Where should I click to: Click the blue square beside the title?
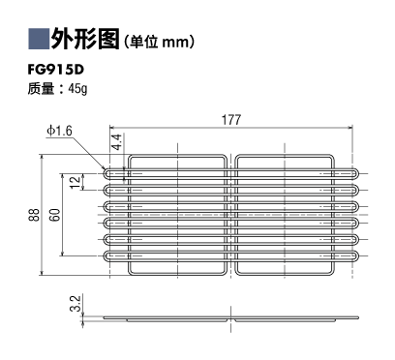[39, 39]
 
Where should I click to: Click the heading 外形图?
[85, 39]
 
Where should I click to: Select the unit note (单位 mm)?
[159, 42]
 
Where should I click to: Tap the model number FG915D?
[56, 70]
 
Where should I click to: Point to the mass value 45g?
[77, 89]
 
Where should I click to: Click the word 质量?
[41, 89]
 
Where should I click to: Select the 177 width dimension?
[231, 120]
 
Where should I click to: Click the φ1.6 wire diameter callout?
[59, 131]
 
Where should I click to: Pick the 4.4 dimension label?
[116, 142]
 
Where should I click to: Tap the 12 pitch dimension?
[76, 182]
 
